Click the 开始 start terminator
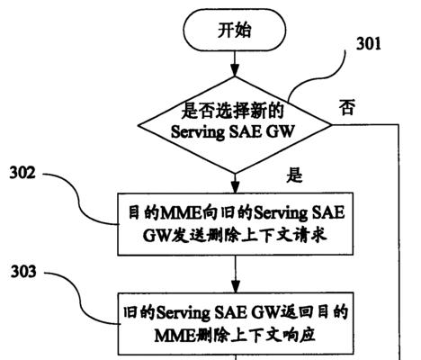click(x=235, y=30)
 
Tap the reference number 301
click(x=369, y=44)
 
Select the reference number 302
click(x=22, y=173)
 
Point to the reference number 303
click(x=23, y=272)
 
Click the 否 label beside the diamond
click(x=347, y=107)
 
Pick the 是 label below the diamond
click(x=294, y=175)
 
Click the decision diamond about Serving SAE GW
click(x=235, y=125)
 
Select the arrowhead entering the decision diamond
click(x=235, y=71)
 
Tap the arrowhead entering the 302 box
click(x=236, y=187)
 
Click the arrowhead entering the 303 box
click(x=236, y=287)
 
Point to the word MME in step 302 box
click(x=181, y=213)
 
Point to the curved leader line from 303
click(x=78, y=297)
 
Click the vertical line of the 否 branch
click(x=399, y=242)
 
